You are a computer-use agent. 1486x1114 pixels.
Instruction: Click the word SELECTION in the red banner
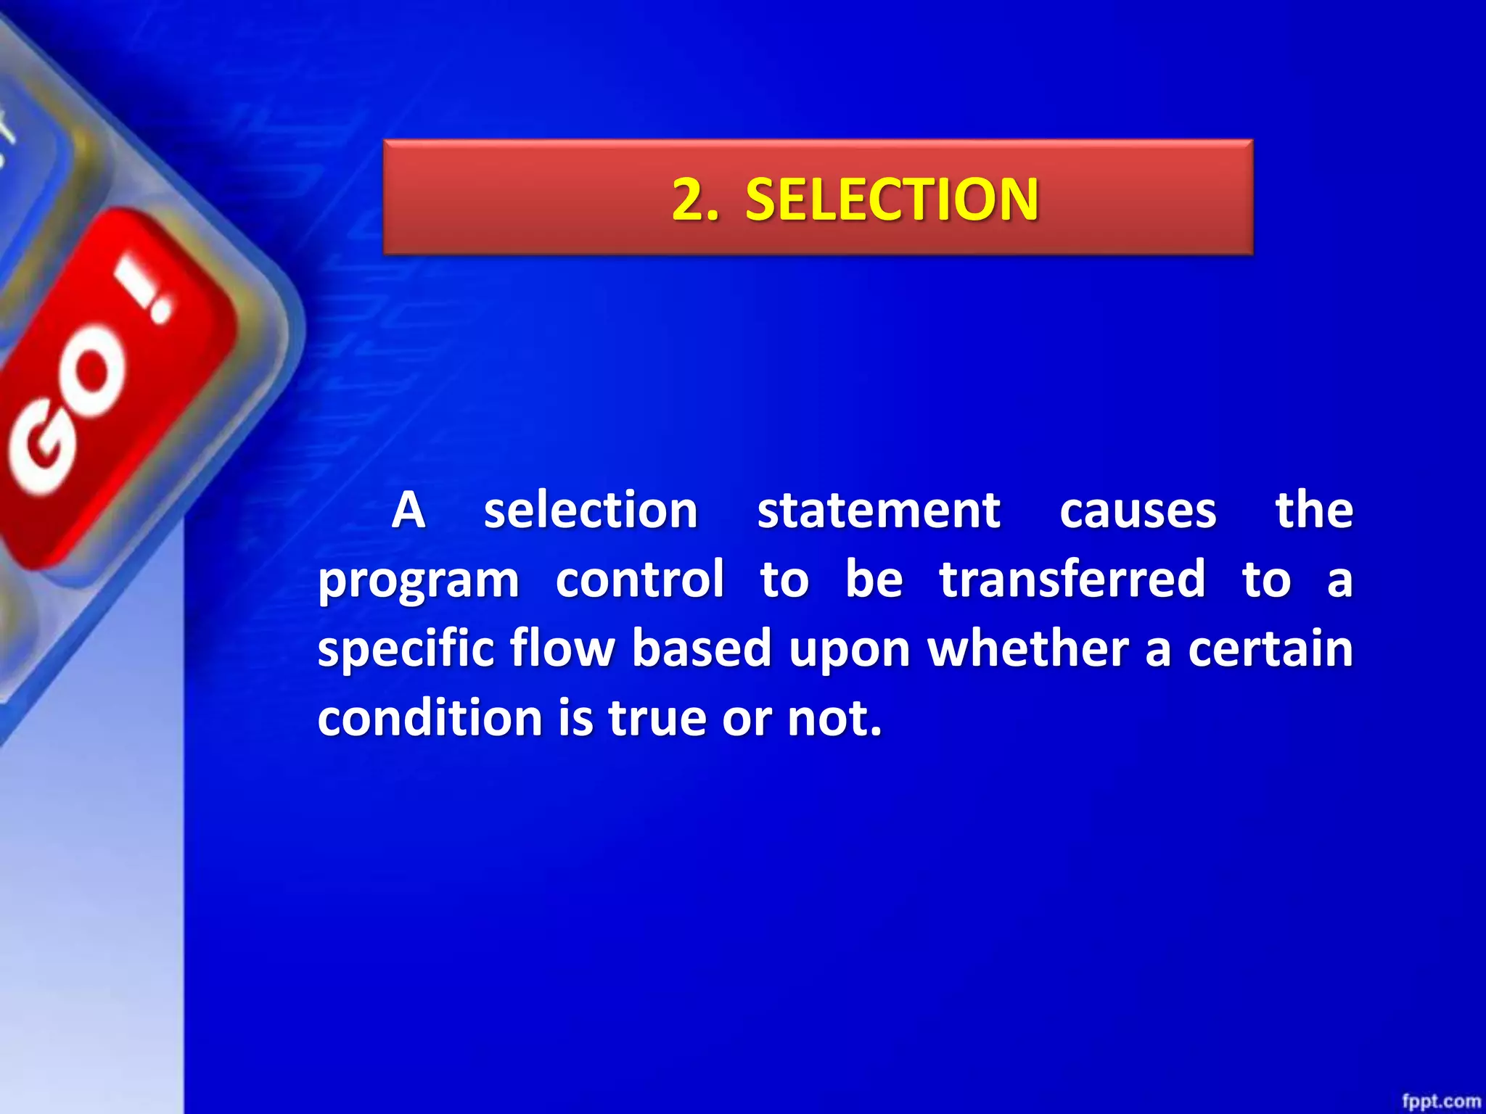point(892,199)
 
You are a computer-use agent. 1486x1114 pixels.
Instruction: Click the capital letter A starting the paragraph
point(408,510)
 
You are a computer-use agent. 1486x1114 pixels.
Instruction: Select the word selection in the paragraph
point(591,510)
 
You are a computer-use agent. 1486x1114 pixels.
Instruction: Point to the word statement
point(879,510)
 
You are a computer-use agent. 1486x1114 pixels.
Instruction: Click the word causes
point(1138,511)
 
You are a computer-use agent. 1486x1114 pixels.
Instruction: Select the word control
point(640,579)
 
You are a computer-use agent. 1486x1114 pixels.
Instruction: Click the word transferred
point(1072,579)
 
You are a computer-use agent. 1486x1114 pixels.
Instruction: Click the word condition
point(430,717)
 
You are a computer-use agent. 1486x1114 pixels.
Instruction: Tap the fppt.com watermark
point(1440,1101)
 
